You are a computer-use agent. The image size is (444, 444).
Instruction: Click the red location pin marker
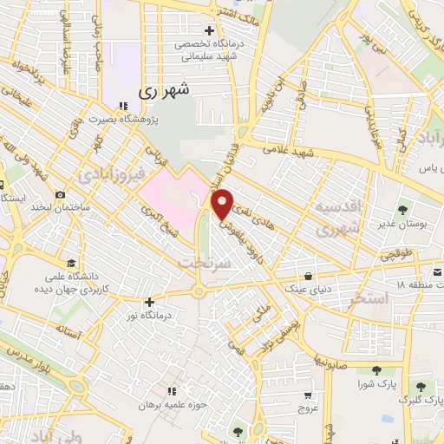point(223,203)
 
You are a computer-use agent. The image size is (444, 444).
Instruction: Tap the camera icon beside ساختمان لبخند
point(60,195)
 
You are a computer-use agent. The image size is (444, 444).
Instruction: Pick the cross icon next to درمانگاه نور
point(150,302)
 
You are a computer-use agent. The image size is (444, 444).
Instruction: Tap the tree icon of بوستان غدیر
point(402,210)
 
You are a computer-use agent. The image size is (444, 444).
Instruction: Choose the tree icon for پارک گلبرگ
point(421,387)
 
